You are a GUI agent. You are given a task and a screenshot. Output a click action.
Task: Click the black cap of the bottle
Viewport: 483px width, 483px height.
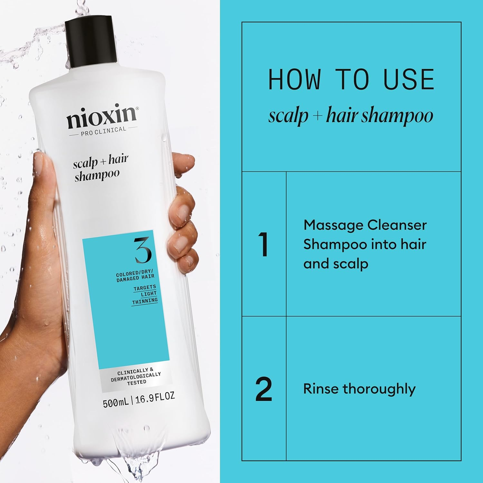[x=91, y=42]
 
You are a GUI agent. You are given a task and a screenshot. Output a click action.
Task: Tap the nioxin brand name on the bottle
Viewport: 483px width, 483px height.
[x=102, y=116]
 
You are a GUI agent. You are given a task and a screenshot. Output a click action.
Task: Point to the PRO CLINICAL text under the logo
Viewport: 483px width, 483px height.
[x=103, y=131]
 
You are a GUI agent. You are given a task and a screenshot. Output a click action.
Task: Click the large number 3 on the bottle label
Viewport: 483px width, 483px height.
[x=143, y=250]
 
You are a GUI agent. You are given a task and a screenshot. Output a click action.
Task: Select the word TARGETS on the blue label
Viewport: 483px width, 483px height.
[x=145, y=288]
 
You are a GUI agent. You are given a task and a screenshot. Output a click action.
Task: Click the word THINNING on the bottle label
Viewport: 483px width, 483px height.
[x=145, y=301]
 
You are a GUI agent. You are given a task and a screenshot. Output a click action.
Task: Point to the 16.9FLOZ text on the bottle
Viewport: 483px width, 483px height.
[x=155, y=398]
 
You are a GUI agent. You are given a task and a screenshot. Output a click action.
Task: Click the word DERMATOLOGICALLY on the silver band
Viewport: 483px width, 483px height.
[x=136, y=377]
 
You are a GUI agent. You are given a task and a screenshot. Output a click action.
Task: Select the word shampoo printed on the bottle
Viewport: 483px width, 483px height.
[x=97, y=175]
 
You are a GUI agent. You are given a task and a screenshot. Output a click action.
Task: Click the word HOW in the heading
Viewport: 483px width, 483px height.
[x=294, y=80]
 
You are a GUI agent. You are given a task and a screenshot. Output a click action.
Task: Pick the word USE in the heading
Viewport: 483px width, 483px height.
[x=409, y=80]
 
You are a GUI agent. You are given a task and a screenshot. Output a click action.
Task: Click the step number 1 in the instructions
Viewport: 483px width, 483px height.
[x=263, y=244]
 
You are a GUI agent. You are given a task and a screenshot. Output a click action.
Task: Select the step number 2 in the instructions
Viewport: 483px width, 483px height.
[x=264, y=389]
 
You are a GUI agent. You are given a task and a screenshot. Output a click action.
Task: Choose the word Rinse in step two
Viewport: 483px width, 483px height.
[x=321, y=389]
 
